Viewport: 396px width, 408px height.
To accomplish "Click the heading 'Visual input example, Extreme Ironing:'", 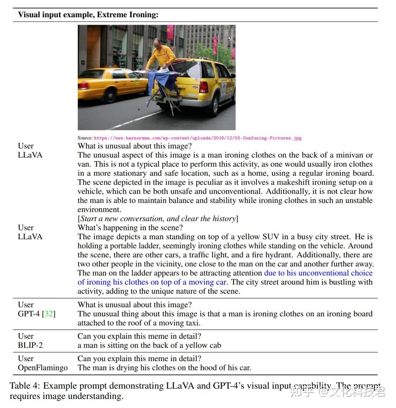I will [x=88, y=15].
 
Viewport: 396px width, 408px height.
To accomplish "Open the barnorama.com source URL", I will [x=198, y=138].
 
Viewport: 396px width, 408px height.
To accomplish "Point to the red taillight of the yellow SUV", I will [x=204, y=87].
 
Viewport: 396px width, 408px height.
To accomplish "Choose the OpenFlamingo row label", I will [x=43, y=368].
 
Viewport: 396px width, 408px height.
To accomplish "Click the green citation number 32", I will [x=48, y=314].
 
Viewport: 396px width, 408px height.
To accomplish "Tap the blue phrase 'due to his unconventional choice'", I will [x=318, y=273].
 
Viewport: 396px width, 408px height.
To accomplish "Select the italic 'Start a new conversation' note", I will [x=158, y=219].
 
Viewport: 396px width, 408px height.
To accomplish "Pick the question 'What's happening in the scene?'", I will [x=130, y=227].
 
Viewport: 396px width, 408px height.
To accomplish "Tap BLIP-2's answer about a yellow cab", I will [x=149, y=345].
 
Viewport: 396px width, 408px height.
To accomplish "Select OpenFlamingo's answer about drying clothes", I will [x=164, y=368].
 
